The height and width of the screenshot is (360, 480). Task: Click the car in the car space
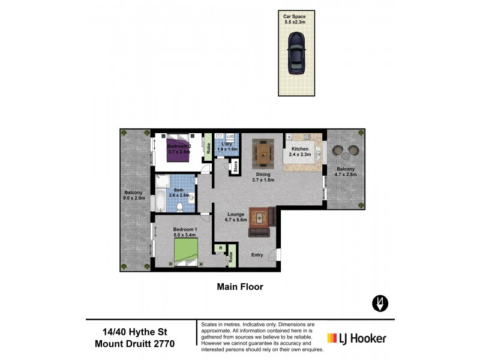[296, 52]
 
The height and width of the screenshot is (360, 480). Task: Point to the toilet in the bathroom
[181, 206]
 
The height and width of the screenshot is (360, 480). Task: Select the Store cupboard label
[236, 166]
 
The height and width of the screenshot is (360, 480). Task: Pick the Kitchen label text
[299, 149]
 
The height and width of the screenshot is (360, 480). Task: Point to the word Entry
[257, 255]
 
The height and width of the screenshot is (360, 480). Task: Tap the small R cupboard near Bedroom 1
[221, 248]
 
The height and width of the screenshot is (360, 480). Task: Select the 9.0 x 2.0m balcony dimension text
[134, 197]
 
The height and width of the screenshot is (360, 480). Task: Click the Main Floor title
[239, 287]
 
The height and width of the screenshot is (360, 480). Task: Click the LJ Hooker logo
[356, 338]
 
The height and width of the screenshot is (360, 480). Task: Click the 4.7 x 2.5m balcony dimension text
[345, 175]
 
